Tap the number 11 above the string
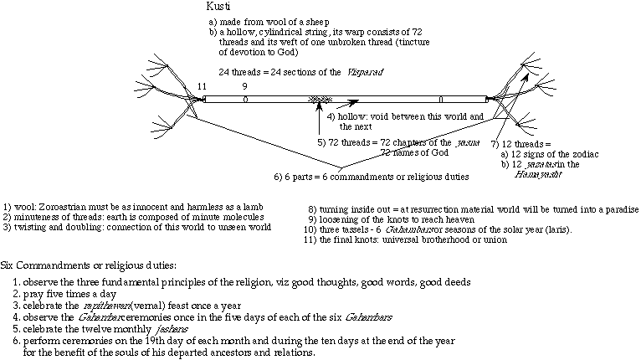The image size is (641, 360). (x=201, y=85)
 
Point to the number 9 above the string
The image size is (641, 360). (x=244, y=85)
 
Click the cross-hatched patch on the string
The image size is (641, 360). (x=319, y=99)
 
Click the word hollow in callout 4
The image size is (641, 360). (x=353, y=115)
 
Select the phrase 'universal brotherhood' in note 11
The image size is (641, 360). (x=450, y=239)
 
